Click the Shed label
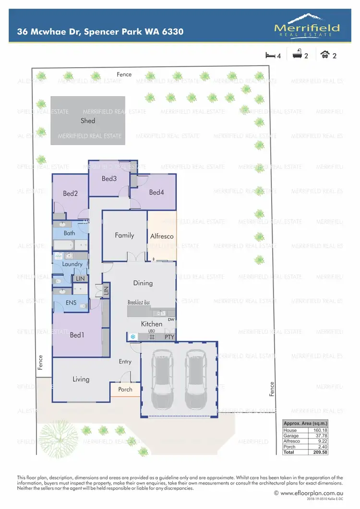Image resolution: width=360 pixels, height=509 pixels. click(x=88, y=121)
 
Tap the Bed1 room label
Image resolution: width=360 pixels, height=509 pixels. click(x=77, y=335)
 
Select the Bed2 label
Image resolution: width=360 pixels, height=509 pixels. click(x=70, y=194)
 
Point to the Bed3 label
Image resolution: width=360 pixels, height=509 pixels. click(x=109, y=179)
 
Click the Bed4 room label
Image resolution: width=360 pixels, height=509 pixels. click(x=156, y=192)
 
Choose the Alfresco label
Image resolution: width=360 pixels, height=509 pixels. click(x=162, y=237)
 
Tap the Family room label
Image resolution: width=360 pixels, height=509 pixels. click(x=124, y=236)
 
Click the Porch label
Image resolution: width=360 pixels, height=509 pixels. click(x=125, y=389)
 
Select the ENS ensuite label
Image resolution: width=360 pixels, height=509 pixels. click(x=71, y=303)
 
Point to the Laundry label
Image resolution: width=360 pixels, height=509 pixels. click(x=72, y=264)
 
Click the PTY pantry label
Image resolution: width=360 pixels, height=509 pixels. click(x=169, y=337)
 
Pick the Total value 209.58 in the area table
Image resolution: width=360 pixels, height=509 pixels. click(x=319, y=452)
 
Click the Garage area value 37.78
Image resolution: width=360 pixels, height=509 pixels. click(x=319, y=436)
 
